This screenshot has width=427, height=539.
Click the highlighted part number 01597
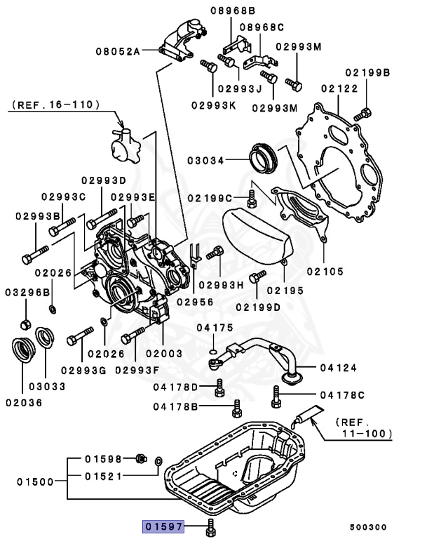[163, 526]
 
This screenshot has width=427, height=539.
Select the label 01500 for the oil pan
[36, 481]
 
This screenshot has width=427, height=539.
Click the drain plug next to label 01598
[140, 459]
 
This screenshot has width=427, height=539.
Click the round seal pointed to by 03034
[264, 159]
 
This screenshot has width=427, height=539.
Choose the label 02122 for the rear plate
[340, 88]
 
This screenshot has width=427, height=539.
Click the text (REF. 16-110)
[55, 105]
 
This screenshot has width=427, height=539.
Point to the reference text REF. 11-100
[364, 428]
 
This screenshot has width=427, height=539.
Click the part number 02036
[24, 403]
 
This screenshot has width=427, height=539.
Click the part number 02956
[194, 301]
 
